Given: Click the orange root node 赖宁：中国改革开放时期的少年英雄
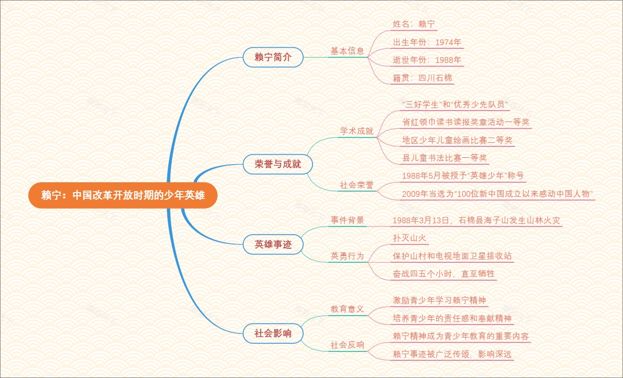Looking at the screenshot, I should (x=123, y=195).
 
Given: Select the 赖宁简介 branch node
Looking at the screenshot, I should (x=273, y=57).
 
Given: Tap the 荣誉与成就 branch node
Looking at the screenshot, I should (x=278, y=165).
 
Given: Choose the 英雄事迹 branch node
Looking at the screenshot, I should (x=273, y=244).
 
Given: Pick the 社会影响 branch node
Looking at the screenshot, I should (x=273, y=333).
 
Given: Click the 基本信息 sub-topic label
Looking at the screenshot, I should (x=347, y=51).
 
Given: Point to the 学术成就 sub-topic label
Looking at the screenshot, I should (x=357, y=131).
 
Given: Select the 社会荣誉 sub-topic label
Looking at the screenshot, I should (x=357, y=184).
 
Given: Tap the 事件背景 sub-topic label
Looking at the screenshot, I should (x=347, y=220).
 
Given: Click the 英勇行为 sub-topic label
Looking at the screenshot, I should (x=347, y=256).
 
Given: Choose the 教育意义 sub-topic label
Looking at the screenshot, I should (x=347, y=309).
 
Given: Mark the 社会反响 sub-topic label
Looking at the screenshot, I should (x=347, y=345).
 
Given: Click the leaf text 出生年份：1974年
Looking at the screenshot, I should (x=427, y=42).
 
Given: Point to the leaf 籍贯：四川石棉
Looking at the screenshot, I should (x=423, y=78).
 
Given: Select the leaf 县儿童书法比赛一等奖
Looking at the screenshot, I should (x=445, y=158).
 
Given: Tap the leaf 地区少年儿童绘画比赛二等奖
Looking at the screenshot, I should (x=458, y=140).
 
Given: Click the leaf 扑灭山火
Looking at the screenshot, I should (x=410, y=238).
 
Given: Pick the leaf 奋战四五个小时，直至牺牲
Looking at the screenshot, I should (x=444, y=274).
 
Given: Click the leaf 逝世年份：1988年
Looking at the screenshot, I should (x=427, y=60).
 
